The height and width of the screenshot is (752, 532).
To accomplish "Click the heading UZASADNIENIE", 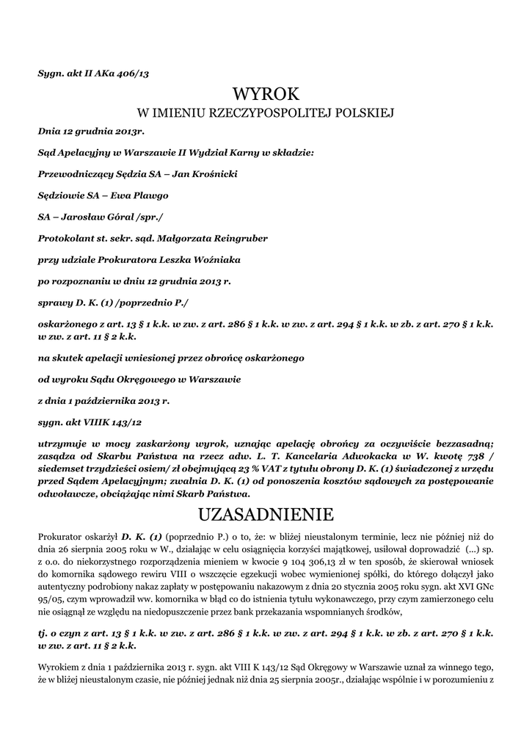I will click(x=266, y=512).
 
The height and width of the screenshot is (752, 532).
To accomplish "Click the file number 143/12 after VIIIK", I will click(x=123, y=422).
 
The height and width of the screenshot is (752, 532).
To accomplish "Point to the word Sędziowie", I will click(x=60, y=195).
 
